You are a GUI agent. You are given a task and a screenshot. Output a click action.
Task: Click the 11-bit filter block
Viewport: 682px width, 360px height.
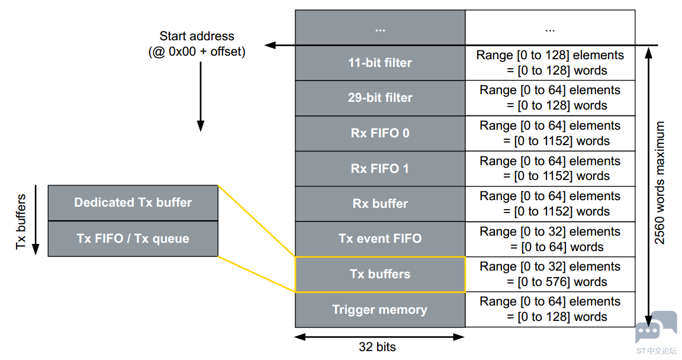[x=380, y=63]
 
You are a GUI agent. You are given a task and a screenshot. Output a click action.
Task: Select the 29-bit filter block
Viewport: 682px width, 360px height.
[x=380, y=98]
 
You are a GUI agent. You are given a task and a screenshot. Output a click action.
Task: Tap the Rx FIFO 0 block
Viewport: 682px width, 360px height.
[x=380, y=133]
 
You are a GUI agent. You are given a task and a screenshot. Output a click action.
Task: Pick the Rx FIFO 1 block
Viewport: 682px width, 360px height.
[x=380, y=169]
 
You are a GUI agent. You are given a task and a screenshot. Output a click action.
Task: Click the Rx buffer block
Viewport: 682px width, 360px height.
[x=380, y=204]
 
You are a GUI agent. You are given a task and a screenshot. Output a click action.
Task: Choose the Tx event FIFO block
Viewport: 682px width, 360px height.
[x=380, y=239]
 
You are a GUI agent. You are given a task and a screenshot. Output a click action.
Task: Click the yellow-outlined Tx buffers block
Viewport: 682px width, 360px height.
[x=380, y=274]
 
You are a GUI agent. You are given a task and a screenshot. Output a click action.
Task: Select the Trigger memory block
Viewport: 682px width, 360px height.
[x=380, y=310]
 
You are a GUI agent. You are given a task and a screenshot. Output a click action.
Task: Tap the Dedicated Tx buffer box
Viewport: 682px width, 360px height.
[x=133, y=203]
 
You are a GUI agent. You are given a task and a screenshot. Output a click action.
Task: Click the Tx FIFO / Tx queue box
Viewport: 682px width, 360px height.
[x=133, y=239]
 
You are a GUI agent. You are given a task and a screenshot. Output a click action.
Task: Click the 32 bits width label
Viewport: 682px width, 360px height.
[x=377, y=347]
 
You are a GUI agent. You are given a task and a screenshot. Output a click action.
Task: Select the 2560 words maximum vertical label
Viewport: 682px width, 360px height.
[x=660, y=182]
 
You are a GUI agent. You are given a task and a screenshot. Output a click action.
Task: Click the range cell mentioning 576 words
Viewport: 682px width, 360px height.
[x=550, y=274]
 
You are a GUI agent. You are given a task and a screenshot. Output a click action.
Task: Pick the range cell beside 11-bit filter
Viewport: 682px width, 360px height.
[x=550, y=63]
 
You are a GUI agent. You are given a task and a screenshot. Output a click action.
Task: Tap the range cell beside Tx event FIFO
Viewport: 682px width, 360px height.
[x=550, y=239]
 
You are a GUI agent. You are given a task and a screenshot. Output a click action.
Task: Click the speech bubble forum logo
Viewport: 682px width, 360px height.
[x=656, y=327]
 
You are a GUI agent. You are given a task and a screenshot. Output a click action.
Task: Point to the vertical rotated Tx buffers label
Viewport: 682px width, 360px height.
[x=21, y=221]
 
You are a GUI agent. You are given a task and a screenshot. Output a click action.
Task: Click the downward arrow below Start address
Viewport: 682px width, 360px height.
[x=201, y=97]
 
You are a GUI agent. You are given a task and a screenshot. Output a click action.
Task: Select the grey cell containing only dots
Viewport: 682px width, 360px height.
[x=380, y=27]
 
